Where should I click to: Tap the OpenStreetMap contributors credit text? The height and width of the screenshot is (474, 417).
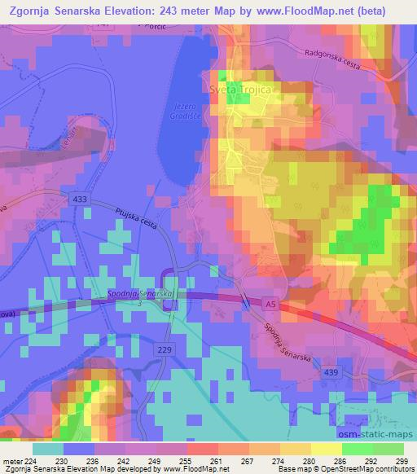point(364,468)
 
